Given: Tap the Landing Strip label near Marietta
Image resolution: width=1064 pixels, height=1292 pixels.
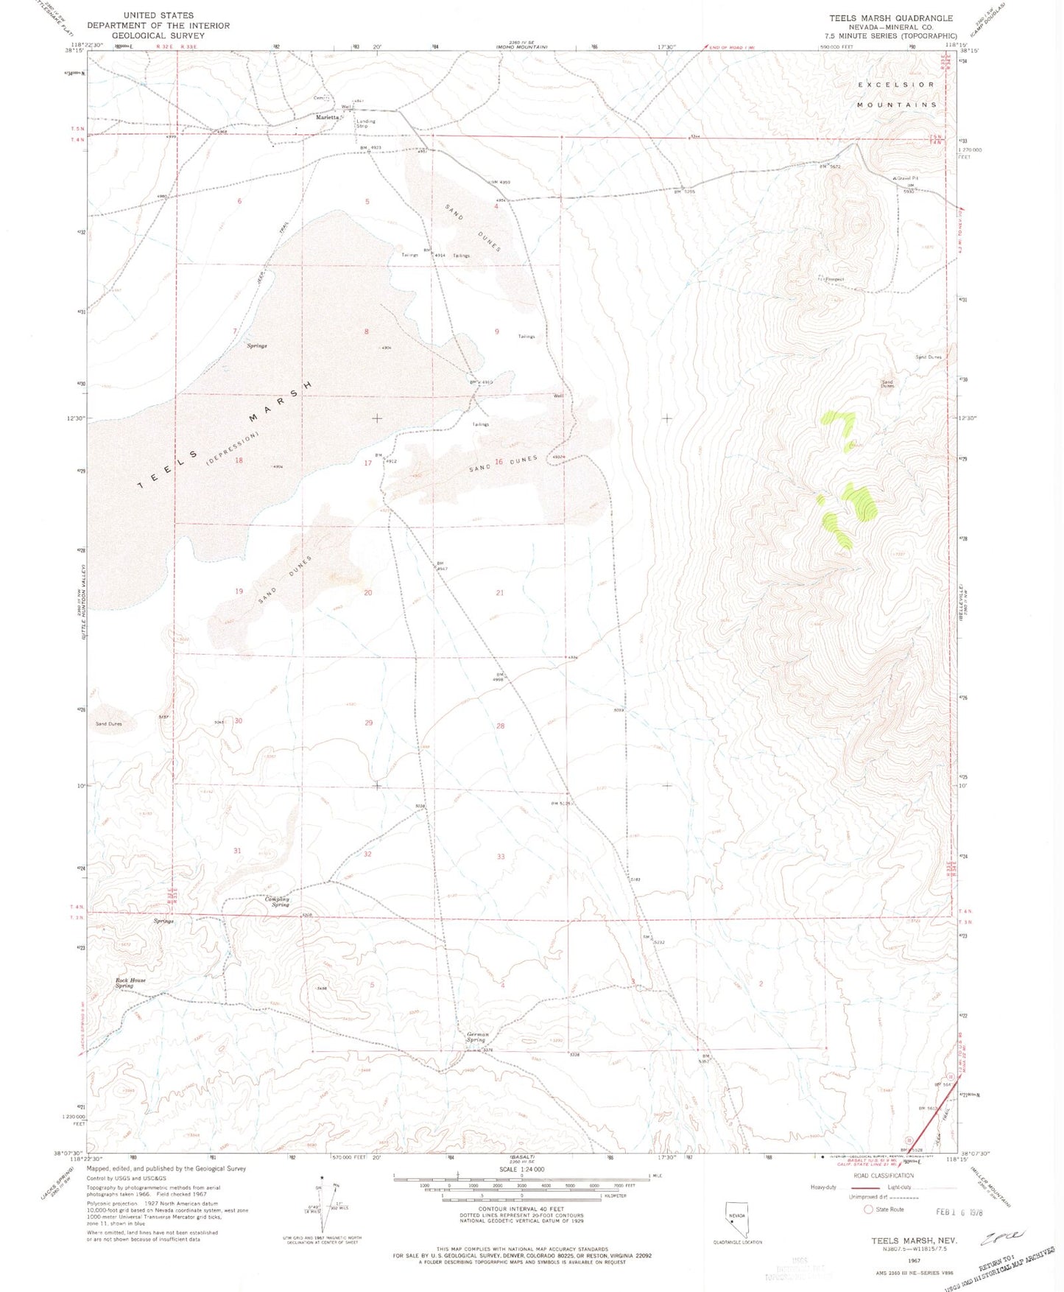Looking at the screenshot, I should click(365, 123).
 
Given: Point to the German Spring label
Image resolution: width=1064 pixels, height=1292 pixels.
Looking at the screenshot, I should click(477, 1037).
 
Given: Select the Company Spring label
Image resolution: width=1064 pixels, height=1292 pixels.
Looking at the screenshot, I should click(277, 902).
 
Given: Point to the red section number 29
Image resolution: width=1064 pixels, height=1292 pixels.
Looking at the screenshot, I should click(369, 723).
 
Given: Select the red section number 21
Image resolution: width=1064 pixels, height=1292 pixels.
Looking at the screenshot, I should click(500, 593).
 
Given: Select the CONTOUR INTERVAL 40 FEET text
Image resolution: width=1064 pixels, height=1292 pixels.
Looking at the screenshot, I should click(521, 1209).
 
